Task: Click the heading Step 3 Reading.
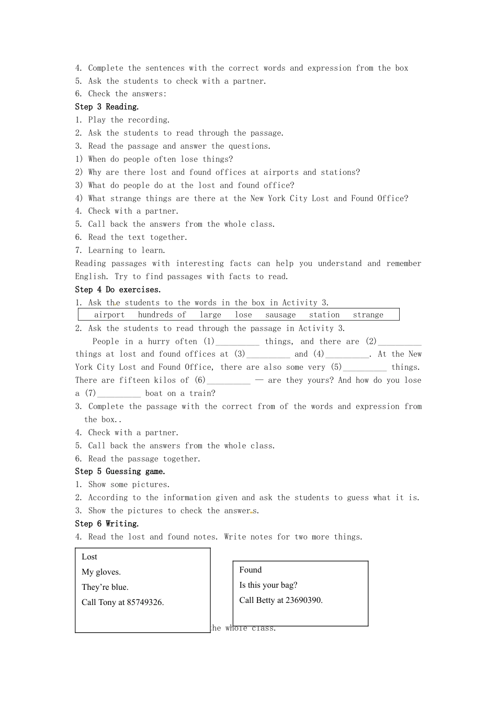coord(107,107)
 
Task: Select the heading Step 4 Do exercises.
coord(118,290)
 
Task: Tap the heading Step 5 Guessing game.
coord(120,471)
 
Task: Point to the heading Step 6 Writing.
coord(107,524)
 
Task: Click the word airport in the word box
coord(109,315)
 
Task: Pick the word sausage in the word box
coord(280,315)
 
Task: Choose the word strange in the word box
coord(368,315)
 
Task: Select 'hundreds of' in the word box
coord(162,315)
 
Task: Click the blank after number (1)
coord(237,342)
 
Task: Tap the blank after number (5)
coord(365,368)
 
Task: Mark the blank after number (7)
coord(119,394)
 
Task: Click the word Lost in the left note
coord(89,557)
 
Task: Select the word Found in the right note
coord(251,570)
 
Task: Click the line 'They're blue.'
coord(105,587)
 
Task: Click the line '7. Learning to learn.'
coord(120,250)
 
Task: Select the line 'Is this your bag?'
coord(268,585)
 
